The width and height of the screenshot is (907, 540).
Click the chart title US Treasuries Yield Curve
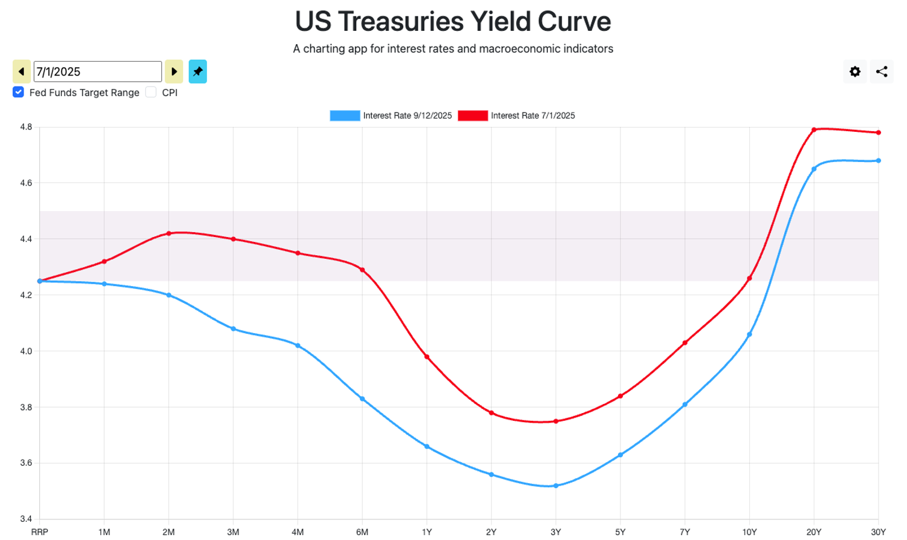[x=453, y=21]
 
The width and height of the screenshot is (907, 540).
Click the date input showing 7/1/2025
[x=97, y=71]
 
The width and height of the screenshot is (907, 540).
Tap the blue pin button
[x=198, y=71]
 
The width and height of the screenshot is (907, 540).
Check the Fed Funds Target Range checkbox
[x=19, y=92]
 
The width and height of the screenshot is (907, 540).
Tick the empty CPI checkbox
[x=151, y=92]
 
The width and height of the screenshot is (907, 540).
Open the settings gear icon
[x=855, y=71]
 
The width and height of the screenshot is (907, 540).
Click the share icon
[x=882, y=71]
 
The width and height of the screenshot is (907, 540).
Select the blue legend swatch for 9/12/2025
[x=345, y=115]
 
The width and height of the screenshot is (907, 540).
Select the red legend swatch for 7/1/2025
[x=473, y=115]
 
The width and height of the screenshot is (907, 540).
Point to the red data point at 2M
[x=169, y=233]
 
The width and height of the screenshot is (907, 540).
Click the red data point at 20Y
[x=814, y=130]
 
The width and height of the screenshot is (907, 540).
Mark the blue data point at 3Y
[x=556, y=486]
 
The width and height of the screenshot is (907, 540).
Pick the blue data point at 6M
[x=362, y=399]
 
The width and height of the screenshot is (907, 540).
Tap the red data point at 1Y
[x=427, y=357]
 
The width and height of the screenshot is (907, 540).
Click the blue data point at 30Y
[x=879, y=161]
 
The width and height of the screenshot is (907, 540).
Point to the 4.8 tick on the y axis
[x=26, y=127]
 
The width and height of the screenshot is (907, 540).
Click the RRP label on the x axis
[x=40, y=532]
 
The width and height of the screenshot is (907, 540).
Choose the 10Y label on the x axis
[x=749, y=532]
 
